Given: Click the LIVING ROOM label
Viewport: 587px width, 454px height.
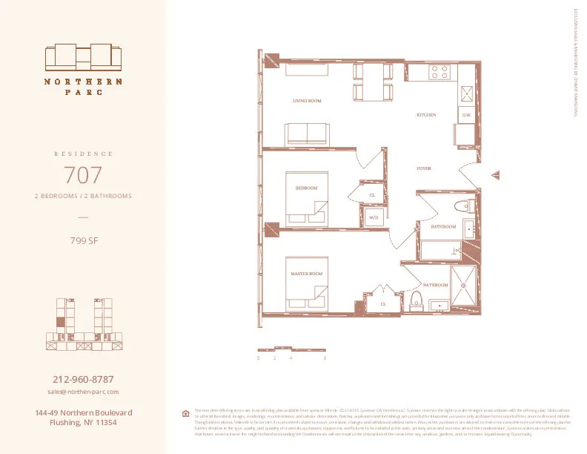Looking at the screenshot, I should (x=306, y=100).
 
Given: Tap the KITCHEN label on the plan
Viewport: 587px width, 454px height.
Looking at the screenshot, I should (x=425, y=115).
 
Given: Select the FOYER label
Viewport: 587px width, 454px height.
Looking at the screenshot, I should (x=423, y=168).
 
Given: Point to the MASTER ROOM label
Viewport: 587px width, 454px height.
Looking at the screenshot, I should (x=306, y=274).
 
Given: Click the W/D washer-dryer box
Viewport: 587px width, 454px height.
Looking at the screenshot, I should (x=374, y=218).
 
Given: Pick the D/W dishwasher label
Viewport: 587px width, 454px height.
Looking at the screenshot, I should (x=466, y=116).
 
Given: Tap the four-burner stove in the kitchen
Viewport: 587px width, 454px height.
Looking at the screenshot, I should (x=440, y=72).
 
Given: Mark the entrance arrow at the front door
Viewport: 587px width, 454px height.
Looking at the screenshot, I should (x=495, y=175).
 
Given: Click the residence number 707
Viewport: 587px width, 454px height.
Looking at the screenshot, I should (x=83, y=176).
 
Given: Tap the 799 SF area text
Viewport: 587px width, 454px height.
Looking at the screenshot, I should (x=83, y=240).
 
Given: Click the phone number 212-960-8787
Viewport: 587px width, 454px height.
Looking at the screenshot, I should (x=83, y=379).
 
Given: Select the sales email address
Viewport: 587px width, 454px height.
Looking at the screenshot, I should (x=83, y=391).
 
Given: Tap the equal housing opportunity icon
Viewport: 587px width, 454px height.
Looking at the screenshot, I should (x=185, y=413).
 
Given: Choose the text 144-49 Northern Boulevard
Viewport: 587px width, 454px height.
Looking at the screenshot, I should (x=83, y=412).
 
